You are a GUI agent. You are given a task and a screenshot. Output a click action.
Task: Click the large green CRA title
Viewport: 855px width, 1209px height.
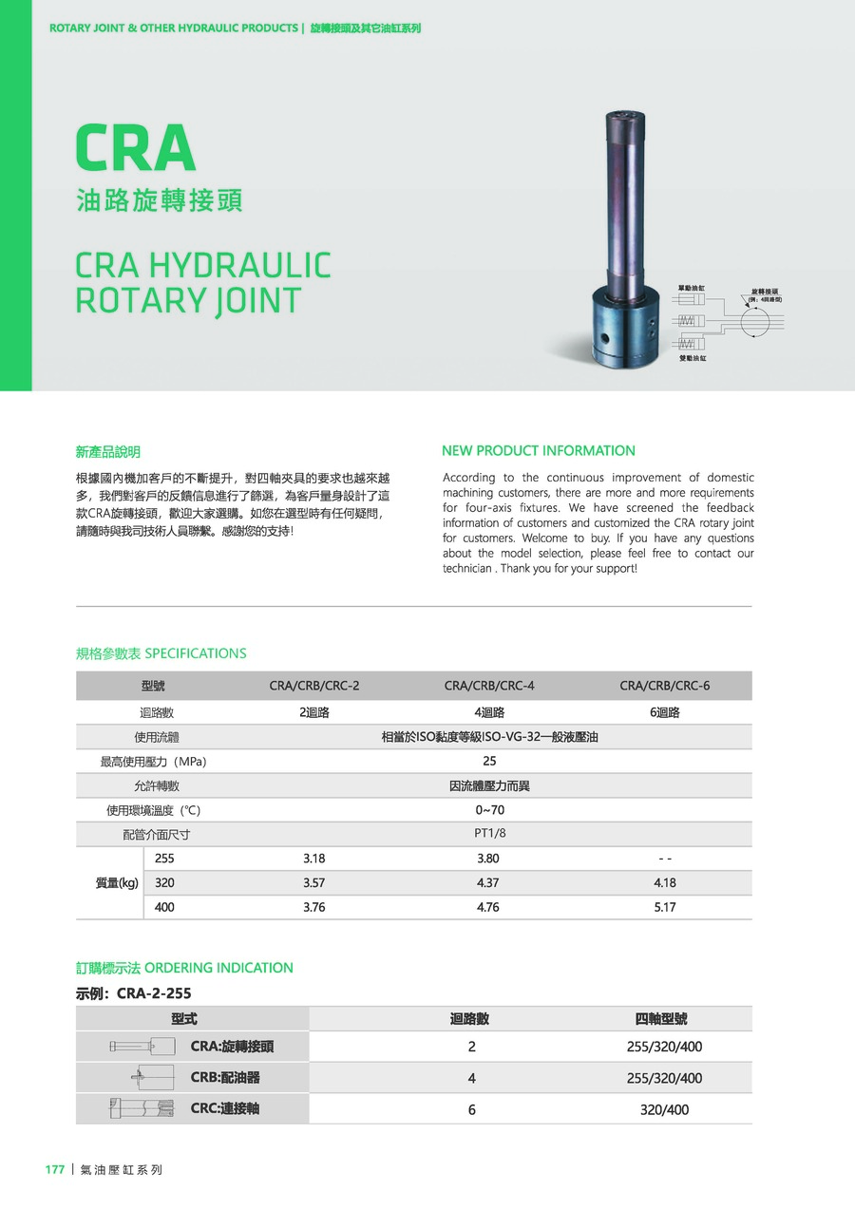pyautogui.click(x=136, y=149)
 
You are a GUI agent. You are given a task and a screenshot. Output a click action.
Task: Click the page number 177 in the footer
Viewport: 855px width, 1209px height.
pyautogui.click(x=55, y=1169)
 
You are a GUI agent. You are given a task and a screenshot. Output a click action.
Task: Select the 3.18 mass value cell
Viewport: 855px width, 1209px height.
pyautogui.click(x=313, y=859)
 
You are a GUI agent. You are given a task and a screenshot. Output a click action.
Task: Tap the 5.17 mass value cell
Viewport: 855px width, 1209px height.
pyautogui.click(x=665, y=907)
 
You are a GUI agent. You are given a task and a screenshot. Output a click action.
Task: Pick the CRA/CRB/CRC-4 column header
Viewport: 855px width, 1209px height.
pyautogui.click(x=489, y=686)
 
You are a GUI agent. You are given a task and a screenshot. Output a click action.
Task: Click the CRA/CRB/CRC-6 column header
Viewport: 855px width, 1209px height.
pyautogui.click(x=665, y=686)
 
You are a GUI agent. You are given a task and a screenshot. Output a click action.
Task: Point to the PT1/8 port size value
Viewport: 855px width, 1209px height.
pyautogui.click(x=489, y=834)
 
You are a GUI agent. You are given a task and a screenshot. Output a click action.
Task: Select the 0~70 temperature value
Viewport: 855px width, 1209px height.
pyautogui.click(x=489, y=810)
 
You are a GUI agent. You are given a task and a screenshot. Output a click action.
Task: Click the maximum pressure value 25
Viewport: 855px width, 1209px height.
pyautogui.click(x=489, y=761)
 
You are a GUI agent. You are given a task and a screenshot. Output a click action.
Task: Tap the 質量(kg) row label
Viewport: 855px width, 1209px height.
pyautogui.click(x=117, y=882)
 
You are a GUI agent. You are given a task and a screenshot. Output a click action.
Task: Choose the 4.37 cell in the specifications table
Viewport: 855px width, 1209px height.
pyautogui.click(x=487, y=882)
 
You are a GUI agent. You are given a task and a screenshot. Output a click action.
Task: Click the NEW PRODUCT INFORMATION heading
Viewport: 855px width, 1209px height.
pyautogui.click(x=539, y=450)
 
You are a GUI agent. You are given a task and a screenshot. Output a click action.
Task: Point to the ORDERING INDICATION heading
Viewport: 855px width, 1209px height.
pyautogui.click(x=218, y=968)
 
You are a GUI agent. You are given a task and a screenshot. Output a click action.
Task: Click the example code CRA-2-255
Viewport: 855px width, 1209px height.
pyautogui.click(x=154, y=993)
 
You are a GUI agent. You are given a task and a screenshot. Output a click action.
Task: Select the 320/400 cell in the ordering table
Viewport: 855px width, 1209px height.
pyautogui.click(x=664, y=1109)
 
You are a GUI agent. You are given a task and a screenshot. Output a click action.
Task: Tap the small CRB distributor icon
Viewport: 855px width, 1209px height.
pyautogui.click(x=152, y=1078)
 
